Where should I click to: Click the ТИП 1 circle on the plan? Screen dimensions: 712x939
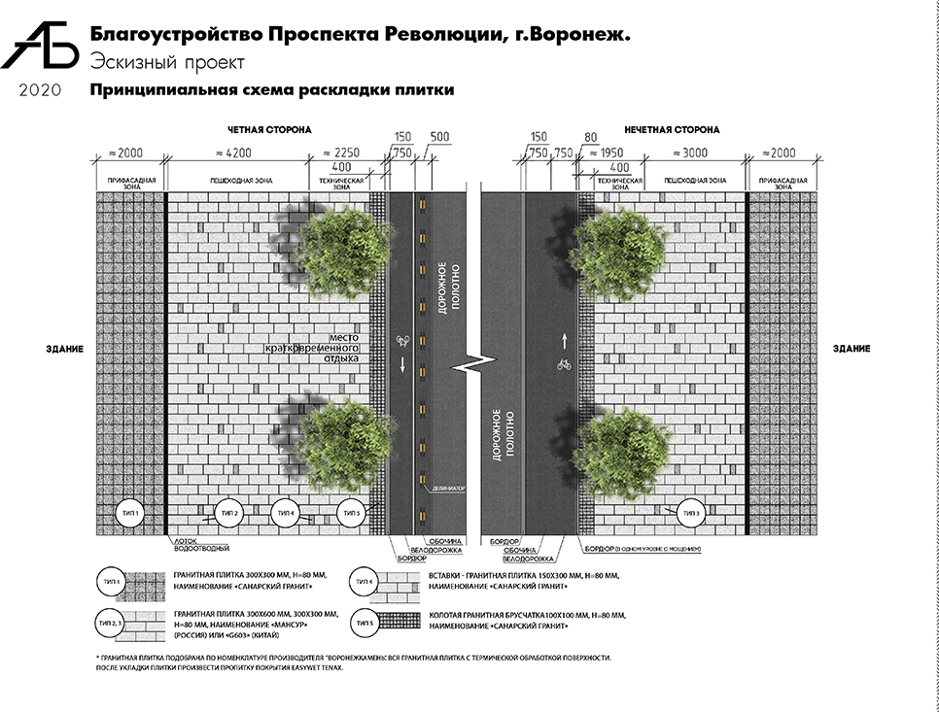coord(128,511)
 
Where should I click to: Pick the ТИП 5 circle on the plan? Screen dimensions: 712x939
coord(351,512)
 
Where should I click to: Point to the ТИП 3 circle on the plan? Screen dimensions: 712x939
coord(691,512)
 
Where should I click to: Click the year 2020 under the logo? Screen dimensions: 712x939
coord(40,91)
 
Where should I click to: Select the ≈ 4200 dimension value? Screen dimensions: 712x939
coord(234,153)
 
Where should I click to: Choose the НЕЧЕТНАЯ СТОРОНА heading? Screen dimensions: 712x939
coord(672,128)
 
